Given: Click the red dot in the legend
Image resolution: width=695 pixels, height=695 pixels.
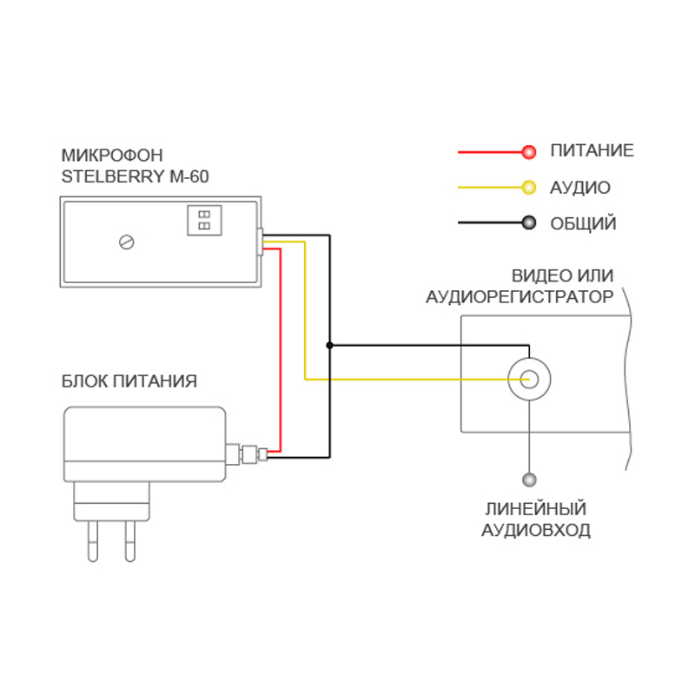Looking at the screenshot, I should pos(528,152).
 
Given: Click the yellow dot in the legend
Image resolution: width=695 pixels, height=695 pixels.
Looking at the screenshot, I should pos(528,188).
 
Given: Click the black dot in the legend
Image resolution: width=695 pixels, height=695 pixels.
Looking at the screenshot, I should pos(528,223).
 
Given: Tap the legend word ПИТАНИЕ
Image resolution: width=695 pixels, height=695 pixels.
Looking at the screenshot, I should pos(592,151).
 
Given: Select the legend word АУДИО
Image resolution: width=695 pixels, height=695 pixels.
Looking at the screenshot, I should pos(580,188).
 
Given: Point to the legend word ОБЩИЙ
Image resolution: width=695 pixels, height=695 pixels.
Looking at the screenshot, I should pos(583,224).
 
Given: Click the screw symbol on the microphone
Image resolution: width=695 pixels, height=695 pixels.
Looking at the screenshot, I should pos(128,242).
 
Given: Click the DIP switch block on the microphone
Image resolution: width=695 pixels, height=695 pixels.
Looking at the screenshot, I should pos(204,220).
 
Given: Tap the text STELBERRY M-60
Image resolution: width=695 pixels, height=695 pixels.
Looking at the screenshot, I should pos(135,177).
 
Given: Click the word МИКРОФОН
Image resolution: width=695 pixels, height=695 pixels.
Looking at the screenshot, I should pos(112,156).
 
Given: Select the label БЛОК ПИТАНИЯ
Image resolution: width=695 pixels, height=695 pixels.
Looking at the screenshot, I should pos(129,381).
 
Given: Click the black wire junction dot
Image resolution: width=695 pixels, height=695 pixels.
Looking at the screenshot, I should pos(329,345).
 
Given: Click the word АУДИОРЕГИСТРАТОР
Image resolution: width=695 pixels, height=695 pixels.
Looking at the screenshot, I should pos(520,297).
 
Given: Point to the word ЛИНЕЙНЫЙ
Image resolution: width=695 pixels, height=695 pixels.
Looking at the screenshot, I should pos(536,509).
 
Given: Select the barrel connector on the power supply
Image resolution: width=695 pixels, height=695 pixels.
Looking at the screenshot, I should pos(247,453).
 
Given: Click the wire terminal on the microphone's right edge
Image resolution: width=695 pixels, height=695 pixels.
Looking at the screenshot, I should pos(261,242).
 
